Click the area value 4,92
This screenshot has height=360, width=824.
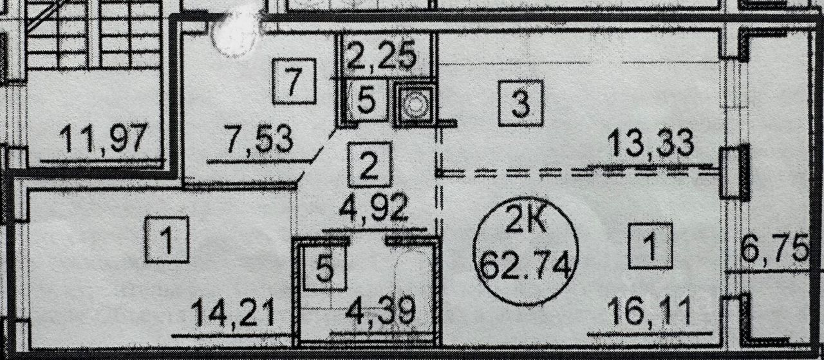[374, 210]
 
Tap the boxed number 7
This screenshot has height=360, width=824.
[294, 81]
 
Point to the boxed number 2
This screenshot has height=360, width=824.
[370, 164]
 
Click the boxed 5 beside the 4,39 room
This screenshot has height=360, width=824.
[326, 268]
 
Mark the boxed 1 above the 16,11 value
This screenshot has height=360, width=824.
[650, 245]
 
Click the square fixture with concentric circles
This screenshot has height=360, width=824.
[414, 103]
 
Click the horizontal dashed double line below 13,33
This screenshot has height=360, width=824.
[579, 172]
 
